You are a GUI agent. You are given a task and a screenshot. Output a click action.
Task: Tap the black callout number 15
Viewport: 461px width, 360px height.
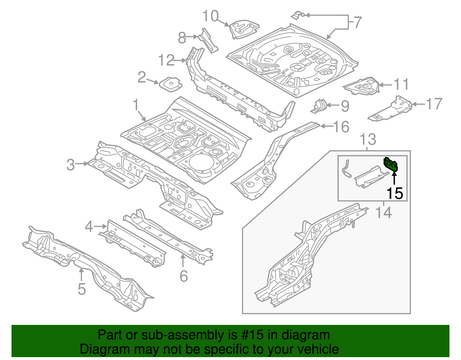pos(394,193)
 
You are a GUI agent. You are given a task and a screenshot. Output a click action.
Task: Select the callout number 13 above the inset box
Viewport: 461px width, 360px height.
pos(368,140)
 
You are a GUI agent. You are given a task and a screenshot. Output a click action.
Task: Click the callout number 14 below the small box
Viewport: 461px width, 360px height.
pos(384,213)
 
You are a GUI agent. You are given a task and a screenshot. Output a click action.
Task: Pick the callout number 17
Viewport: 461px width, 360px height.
pos(434,104)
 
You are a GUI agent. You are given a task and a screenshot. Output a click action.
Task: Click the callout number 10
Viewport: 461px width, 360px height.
pos(211,16)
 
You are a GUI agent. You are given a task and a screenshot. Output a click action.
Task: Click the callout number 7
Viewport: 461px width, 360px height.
pos(357,22)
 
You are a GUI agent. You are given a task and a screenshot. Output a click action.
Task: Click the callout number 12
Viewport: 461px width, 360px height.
pos(166,61)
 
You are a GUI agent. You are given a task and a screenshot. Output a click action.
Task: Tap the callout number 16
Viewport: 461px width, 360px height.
pos(341,127)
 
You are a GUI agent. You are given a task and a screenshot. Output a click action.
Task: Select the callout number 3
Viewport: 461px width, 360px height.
pos(71,165)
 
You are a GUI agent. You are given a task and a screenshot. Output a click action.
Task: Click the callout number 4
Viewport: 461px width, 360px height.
pos(89,227)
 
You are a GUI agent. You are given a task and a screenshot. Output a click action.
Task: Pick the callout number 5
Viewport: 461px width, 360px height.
pos(82,289)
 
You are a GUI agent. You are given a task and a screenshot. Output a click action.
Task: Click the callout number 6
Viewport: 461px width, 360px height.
pos(184,276)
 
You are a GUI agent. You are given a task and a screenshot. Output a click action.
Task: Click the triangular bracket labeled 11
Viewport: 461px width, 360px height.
pos(362,86)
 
